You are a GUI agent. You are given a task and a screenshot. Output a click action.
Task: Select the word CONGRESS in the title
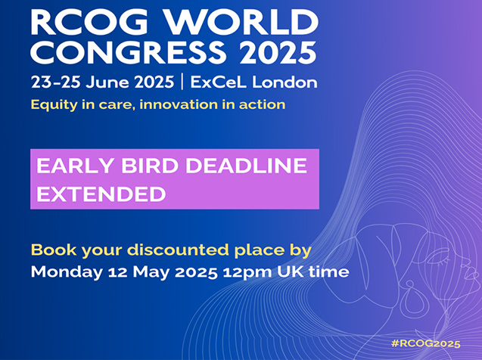[x=128, y=52]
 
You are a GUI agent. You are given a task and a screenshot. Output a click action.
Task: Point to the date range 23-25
[x=56, y=82]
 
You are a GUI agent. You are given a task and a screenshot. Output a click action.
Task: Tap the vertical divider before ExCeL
[x=182, y=82]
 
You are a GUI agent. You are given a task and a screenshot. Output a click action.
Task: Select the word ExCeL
[x=218, y=82]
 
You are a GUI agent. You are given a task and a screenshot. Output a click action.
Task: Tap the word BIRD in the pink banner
[x=150, y=166]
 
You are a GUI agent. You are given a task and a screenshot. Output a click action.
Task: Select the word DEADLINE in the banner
[x=246, y=166]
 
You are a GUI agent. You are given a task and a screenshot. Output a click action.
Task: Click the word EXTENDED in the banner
[x=101, y=194]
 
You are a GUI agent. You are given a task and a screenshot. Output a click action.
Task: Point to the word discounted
[x=179, y=250]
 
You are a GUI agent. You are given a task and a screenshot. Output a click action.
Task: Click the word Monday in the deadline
[x=67, y=272]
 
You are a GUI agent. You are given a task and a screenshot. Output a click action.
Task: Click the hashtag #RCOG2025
[x=426, y=343]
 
